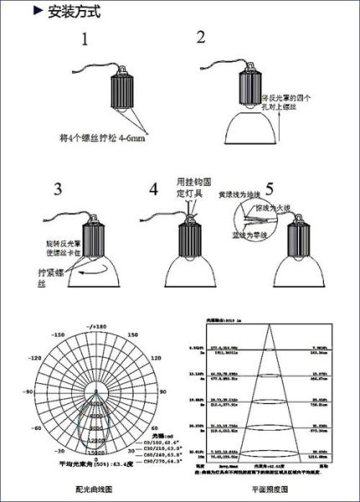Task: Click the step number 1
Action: [x=85, y=39]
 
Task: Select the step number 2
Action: [x=201, y=37]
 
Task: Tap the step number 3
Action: [x=59, y=188]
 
